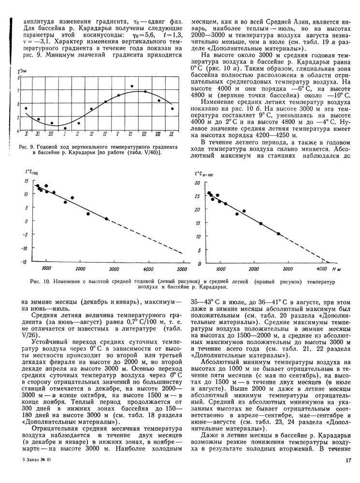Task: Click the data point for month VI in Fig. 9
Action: [x=132, y=86]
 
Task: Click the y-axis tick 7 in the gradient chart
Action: [x=19, y=91]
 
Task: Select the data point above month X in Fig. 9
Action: [x=26, y=108]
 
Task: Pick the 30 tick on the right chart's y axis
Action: [x=197, y=184]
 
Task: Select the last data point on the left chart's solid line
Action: [x=106, y=219]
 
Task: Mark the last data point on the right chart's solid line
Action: [x=278, y=234]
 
